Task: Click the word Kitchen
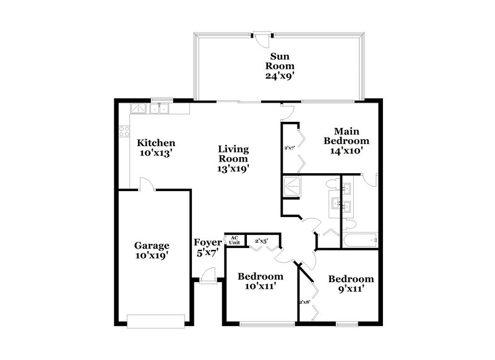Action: point(155,142)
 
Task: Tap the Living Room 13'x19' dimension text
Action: point(233,168)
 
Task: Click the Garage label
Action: point(152,245)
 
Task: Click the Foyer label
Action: point(207,242)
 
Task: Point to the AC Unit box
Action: point(234,240)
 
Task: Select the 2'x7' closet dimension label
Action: point(289,148)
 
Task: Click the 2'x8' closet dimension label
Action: point(304,302)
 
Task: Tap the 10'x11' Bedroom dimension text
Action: point(260,286)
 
